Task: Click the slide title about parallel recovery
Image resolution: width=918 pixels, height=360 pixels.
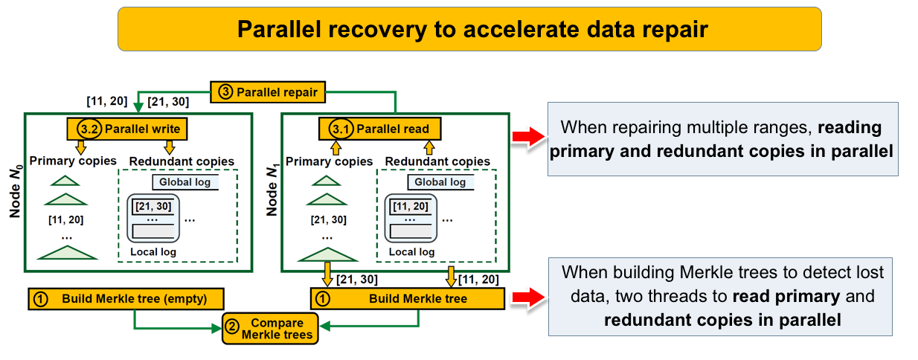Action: [x=469, y=29]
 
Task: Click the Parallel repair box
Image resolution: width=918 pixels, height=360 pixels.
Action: [x=269, y=92]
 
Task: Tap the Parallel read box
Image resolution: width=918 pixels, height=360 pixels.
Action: [x=379, y=129]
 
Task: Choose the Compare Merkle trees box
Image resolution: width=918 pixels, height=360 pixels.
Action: [x=270, y=329]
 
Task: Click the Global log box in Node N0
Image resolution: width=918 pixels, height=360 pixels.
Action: [x=184, y=182]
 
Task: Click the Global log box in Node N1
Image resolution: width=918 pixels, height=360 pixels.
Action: [x=440, y=182]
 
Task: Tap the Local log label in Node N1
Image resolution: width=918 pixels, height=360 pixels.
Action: [x=411, y=252]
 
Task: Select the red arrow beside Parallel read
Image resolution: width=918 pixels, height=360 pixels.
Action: [x=524, y=137]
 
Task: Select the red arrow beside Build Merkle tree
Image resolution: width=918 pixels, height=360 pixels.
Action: [x=524, y=299]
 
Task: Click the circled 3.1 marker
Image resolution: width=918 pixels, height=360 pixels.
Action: [x=341, y=129]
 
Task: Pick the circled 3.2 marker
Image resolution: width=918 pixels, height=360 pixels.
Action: [x=89, y=129]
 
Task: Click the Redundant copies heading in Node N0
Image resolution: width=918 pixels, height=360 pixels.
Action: [x=181, y=161]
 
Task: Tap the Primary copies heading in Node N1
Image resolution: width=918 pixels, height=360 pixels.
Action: [x=328, y=161]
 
